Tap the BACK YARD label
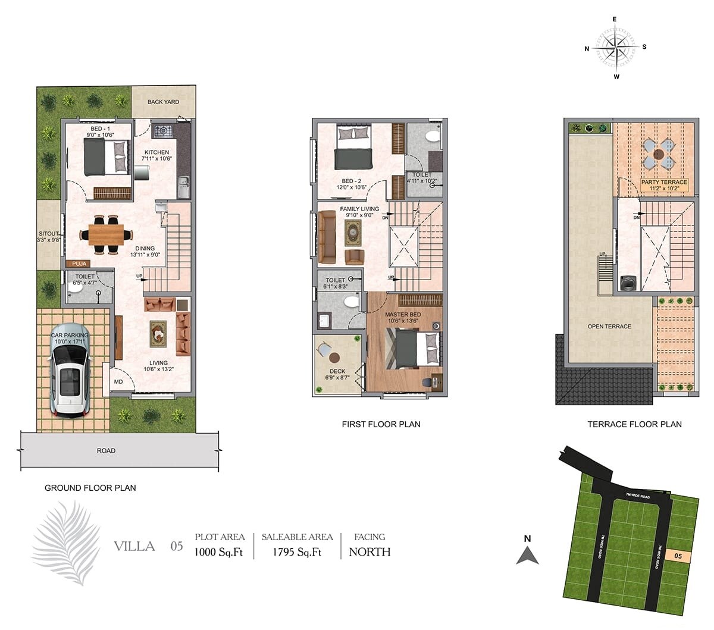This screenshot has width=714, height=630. click(x=163, y=102)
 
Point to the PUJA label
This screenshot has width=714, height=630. click(x=79, y=264)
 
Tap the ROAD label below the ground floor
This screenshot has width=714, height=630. click(x=106, y=450)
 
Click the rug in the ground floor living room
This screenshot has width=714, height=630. click(x=158, y=334)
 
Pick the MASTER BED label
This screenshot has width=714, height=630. click(x=403, y=314)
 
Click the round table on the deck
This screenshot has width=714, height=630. click(x=334, y=358)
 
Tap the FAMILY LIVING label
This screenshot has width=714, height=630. click(x=359, y=209)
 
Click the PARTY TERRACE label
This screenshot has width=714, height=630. click(x=663, y=182)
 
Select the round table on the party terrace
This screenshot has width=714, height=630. click(x=659, y=153)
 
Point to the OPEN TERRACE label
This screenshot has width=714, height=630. click(x=609, y=326)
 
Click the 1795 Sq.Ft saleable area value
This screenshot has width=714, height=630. click(x=297, y=551)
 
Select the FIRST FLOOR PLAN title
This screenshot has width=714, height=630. click(x=381, y=424)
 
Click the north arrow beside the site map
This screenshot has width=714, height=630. click(x=527, y=555)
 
